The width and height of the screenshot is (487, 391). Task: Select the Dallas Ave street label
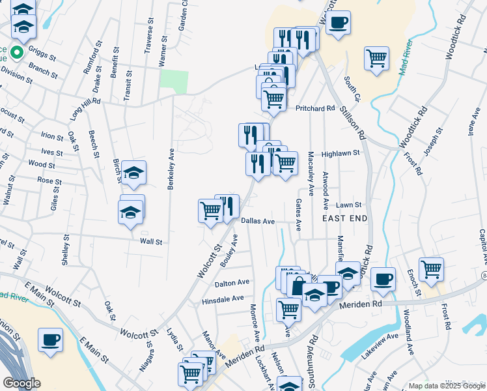click(x=258, y=222)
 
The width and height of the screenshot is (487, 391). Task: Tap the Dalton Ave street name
click(x=232, y=282)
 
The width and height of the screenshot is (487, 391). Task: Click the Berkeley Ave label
click(x=171, y=167)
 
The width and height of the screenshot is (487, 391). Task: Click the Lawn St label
click(x=348, y=204)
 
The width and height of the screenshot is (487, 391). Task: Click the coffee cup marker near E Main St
click(x=50, y=340)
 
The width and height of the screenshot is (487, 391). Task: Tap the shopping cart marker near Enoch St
click(x=431, y=268)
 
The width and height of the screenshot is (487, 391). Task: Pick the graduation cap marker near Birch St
click(x=133, y=173)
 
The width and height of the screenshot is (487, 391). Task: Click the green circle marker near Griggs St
click(x=18, y=53)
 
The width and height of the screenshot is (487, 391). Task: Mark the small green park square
click(x=174, y=81)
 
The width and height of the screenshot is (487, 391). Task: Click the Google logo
click(x=21, y=383)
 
